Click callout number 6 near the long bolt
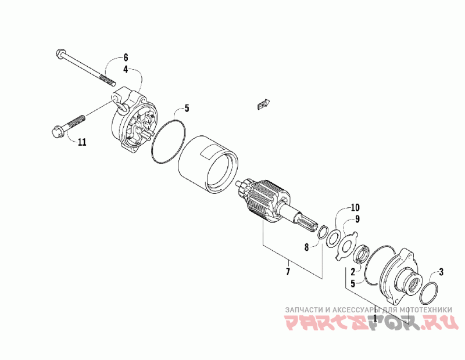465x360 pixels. (125, 57)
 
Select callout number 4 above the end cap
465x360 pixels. (125, 69)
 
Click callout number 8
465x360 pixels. (307, 247)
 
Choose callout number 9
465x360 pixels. (358, 219)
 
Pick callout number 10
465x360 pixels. (355, 207)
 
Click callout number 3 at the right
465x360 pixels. (441, 271)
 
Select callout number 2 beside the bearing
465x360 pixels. (352, 271)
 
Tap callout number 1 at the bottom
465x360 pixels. (375, 318)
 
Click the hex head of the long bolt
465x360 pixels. (60, 55)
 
